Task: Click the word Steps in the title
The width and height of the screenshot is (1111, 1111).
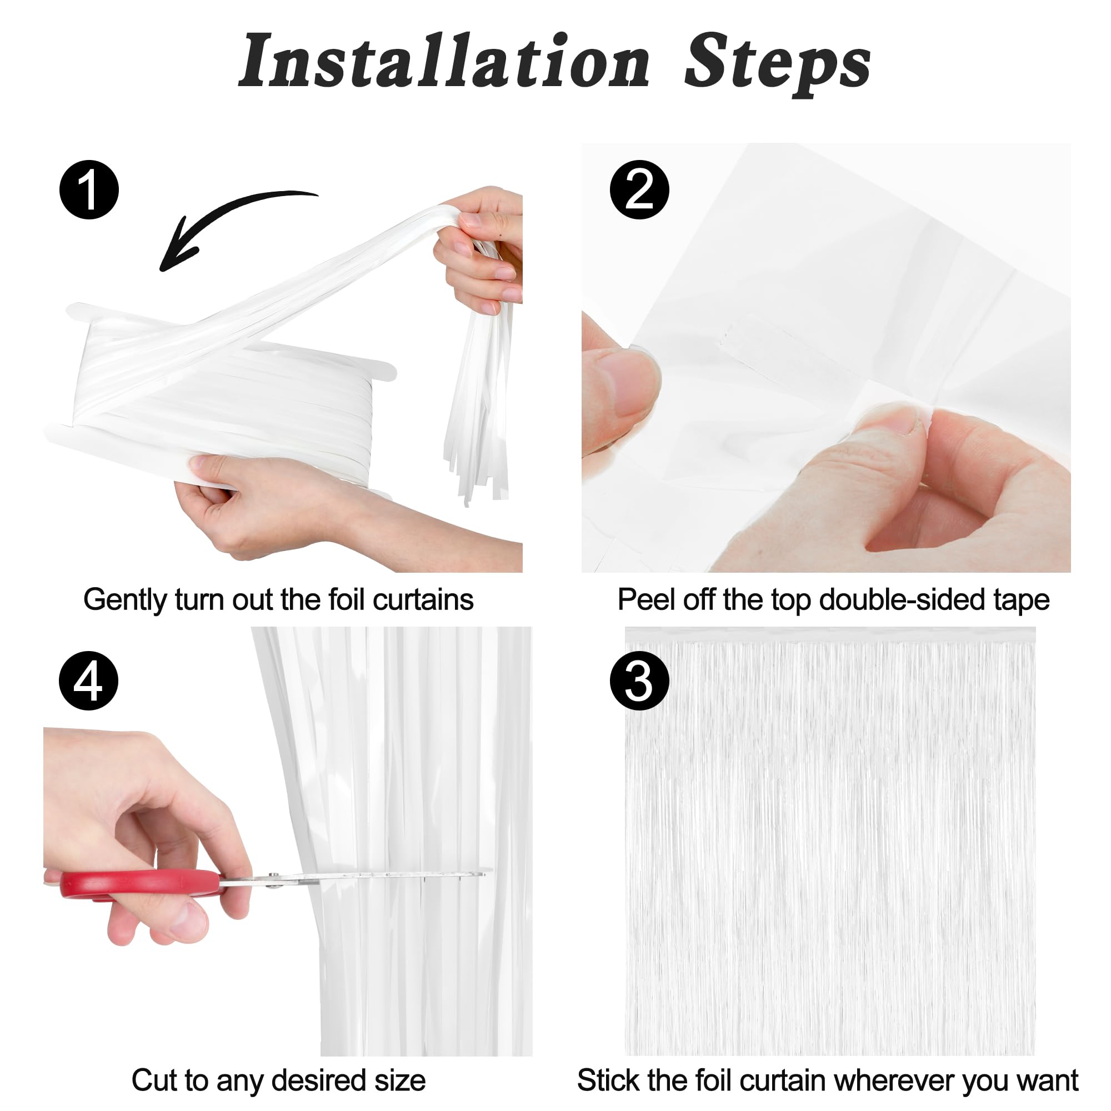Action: (778, 64)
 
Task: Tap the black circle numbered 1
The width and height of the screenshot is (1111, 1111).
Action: (89, 190)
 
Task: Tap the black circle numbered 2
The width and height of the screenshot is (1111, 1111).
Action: (639, 190)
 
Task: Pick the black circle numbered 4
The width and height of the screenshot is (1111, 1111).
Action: (88, 681)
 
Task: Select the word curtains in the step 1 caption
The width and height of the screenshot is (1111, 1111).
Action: (423, 599)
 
